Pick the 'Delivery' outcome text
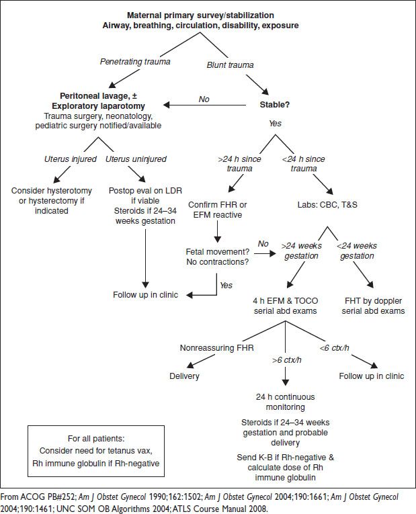pos(184,376)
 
